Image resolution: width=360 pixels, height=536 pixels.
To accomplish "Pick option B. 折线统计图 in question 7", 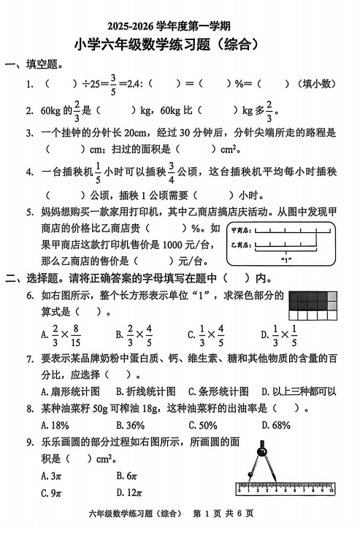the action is coord(142,391).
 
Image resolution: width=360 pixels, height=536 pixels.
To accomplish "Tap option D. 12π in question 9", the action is coord(130,492).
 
